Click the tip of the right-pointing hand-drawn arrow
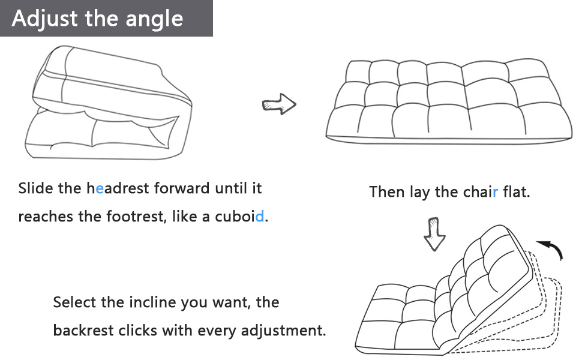(x=296, y=104)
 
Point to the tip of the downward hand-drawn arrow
(x=434, y=251)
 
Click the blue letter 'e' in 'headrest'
(x=100, y=188)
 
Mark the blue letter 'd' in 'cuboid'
(x=259, y=216)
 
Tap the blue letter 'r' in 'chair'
(x=496, y=192)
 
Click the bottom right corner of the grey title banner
(x=212, y=37)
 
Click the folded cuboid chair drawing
(x=109, y=103)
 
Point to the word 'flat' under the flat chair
(x=517, y=192)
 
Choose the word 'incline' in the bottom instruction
(x=152, y=302)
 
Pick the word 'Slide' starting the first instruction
(x=35, y=188)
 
